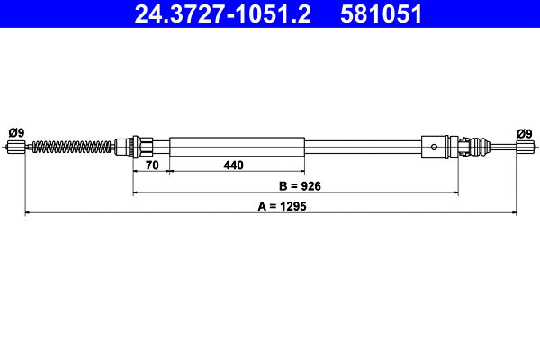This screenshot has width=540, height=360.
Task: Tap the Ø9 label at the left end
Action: (x=15, y=132)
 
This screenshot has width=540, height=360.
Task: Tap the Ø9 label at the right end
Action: (x=525, y=132)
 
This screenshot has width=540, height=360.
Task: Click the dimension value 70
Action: (x=152, y=165)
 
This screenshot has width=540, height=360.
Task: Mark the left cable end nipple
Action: (x=15, y=147)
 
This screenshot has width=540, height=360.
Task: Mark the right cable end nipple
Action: (x=525, y=147)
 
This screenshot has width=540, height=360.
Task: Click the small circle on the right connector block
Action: (x=435, y=146)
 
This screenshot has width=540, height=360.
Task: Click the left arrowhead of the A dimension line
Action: (x=28, y=212)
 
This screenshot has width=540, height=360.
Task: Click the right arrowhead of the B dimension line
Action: (x=456, y=193)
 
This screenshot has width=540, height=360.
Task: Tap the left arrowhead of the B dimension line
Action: (x=136, y=193)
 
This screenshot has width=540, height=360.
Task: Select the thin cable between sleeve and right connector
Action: (x=364, y=146)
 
